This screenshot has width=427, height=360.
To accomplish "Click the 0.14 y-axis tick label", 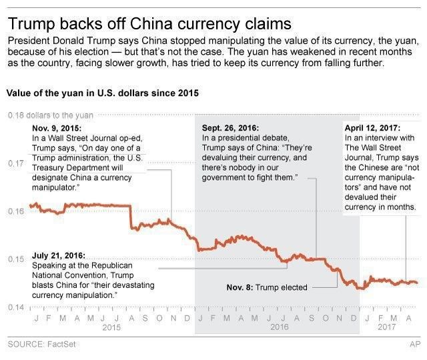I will tap(17, 307).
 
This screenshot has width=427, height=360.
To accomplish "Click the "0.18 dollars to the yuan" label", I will tap(51, 115).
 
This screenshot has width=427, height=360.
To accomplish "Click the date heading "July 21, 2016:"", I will tap(59, 255).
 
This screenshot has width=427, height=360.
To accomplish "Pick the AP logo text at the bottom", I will tap(413, 345).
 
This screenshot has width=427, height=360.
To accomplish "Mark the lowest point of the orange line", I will tap(361, 288).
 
